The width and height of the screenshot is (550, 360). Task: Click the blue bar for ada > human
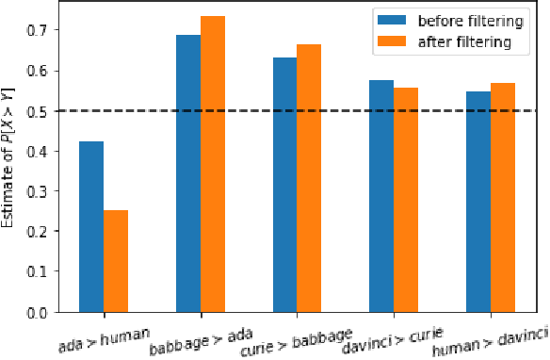(x=91, y=226)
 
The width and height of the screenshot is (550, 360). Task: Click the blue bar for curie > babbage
(x=285, y=184)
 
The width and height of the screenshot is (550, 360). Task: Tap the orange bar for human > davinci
(x=503, y=197)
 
